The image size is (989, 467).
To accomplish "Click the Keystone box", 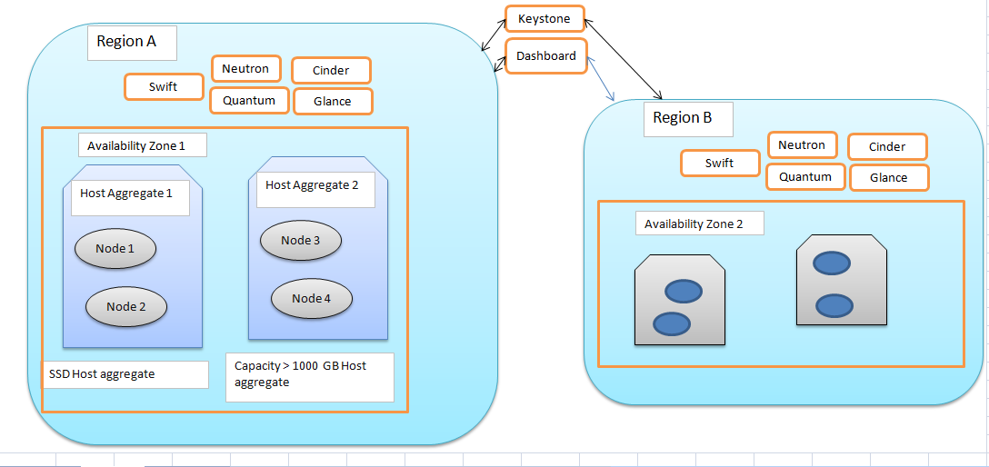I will tap(544, 19).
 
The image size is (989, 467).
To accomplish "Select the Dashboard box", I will tap(545, 56).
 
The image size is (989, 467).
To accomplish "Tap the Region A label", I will tap(131, 42).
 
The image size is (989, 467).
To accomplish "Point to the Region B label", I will tap(687, 118).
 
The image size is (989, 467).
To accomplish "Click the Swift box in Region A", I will tap(163, 87).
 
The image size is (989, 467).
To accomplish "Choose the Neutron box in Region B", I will tap(801, 145).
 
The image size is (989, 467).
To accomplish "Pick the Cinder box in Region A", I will tap(332, 70).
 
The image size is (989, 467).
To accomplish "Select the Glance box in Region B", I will tap(888, 178).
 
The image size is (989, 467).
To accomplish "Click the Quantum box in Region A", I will tap(248, 100).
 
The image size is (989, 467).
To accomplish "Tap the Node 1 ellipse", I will tap(115, 249).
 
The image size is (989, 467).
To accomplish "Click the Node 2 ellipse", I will tap(126, 307).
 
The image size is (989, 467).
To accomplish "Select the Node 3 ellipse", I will tap(300, 241).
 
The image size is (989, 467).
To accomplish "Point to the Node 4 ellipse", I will tap(311, 298).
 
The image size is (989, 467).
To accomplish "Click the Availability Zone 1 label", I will tap(143, 145).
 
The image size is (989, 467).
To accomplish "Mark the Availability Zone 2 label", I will tap(699, 224).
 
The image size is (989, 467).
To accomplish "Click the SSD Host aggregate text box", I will tap(125, 374).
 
